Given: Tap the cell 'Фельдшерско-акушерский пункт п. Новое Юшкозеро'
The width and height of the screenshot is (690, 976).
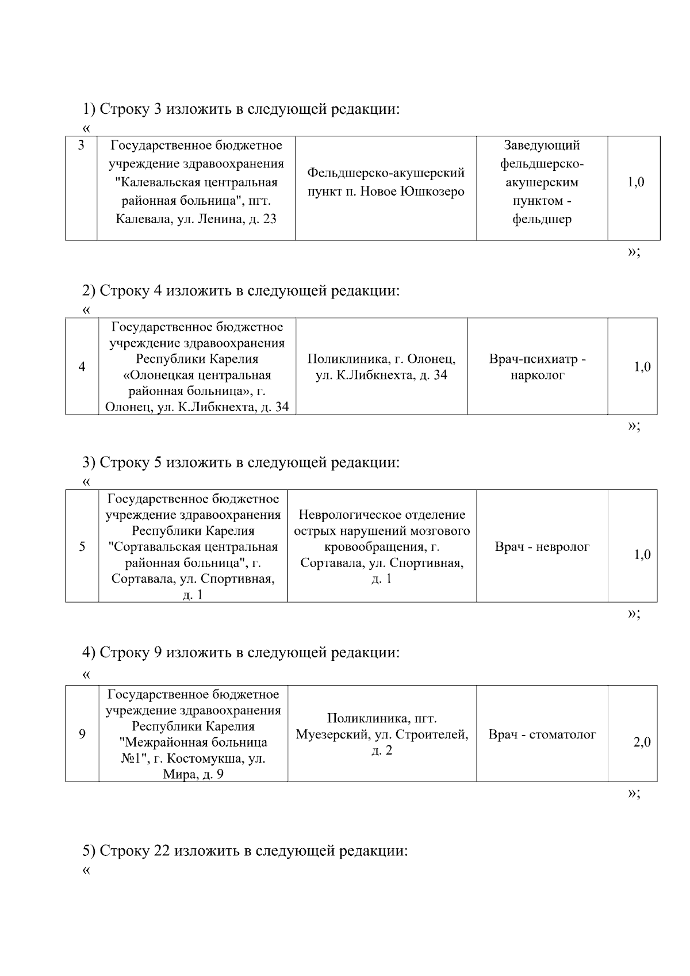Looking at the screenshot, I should point(386,182).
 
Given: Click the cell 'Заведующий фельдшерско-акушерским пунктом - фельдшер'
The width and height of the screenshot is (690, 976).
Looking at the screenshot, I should point(542,182).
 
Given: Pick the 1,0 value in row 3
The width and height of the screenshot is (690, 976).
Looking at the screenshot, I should point(635,182).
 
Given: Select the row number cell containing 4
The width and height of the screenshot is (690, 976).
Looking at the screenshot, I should point(82,367).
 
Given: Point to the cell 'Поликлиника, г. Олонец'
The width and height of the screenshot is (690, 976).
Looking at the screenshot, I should point(381,367).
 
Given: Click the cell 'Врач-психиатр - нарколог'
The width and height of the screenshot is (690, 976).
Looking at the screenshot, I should point(537,367).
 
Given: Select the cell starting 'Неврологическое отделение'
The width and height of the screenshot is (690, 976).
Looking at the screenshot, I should point(382,546).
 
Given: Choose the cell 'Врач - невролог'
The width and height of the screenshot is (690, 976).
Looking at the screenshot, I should point(542,546).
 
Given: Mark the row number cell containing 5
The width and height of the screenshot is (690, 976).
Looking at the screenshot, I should point(82,546).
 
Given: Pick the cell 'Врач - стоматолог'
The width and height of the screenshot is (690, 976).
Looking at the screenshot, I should point(542,734).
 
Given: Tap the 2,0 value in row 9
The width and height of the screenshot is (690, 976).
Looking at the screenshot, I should point(642,742).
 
